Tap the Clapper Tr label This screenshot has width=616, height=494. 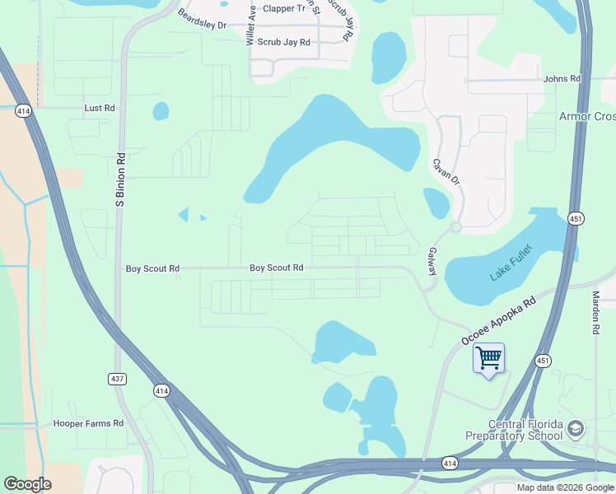[x=284, y=9]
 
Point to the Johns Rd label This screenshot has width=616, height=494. [x=562, y=79]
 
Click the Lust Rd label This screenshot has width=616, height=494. [x=99, y=108]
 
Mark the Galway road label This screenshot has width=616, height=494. [x=432, y=263]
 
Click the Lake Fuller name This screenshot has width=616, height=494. [x=511, y=264]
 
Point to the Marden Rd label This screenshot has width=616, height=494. [x=595, y=311]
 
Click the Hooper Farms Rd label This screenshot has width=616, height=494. [x=88, y=423]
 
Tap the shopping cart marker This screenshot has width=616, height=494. [x=488, y=358]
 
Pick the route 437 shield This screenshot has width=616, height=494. [x=116, y=379]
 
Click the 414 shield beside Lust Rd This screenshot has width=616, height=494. [x=23, y=110]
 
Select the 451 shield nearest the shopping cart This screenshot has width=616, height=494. [x=542, y=360]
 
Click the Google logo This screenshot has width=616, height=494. [x=27, y=483]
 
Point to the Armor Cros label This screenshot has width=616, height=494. [x=587, y=116]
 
